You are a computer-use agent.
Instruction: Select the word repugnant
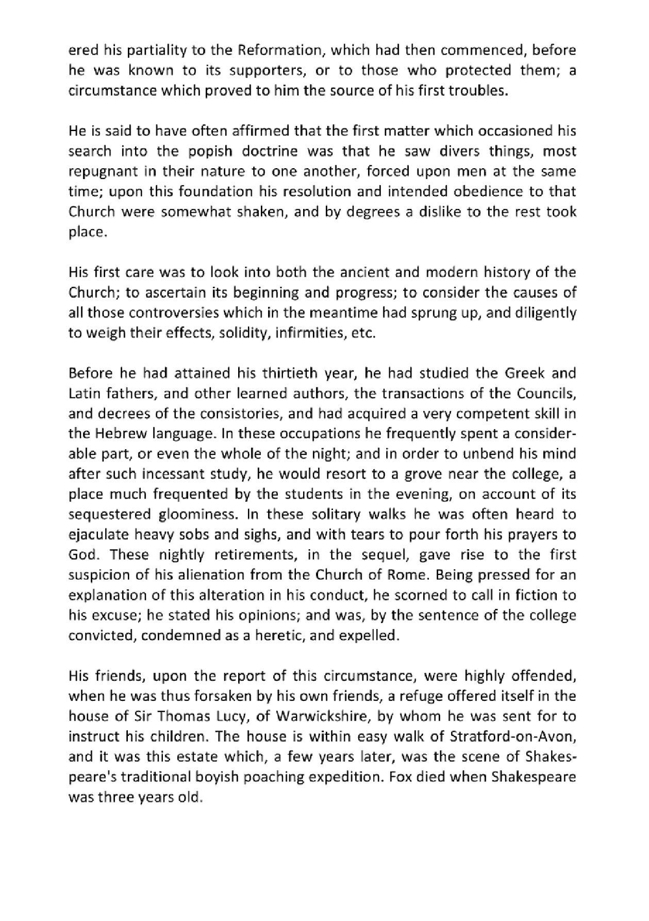pyautogui.click(x=99, y=171)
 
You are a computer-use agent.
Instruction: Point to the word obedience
pyautogui.click(x=480, y=191)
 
